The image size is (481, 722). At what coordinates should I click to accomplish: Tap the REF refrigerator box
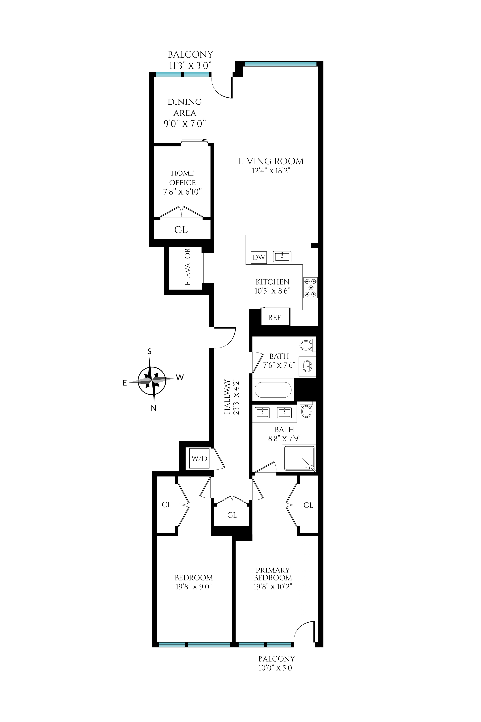tap(275, 318)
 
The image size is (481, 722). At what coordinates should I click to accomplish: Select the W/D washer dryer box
tap(199, 458)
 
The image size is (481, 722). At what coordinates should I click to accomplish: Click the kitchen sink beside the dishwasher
tap(282, 256)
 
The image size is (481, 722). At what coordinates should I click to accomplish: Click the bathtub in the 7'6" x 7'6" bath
tap(273, 390)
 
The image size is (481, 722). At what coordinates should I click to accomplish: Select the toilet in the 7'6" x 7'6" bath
tap(307, 345)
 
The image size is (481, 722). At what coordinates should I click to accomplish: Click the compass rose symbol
tap(152, 381)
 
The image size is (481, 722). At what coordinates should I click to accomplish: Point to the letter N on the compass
tap(154, 408)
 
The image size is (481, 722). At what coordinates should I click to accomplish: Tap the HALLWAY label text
tap(227, 397)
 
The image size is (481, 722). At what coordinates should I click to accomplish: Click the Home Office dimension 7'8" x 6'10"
tap(182, 192)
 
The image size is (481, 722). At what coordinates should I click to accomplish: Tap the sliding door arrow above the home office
tap(194, 140)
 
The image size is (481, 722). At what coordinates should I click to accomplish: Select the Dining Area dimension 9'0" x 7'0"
tap(184, 124)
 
